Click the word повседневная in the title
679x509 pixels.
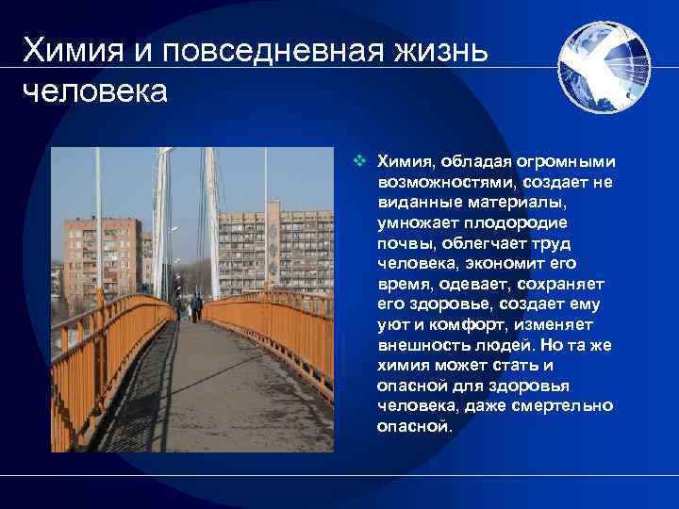tap(266, 49)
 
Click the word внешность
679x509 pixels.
tap(420, 346)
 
